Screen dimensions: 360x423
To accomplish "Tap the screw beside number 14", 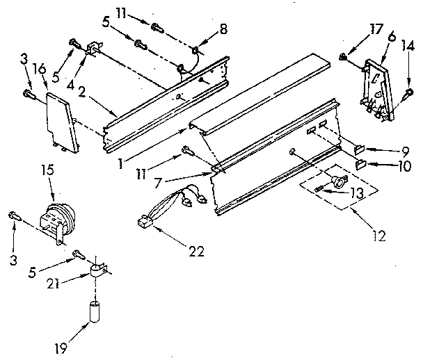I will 409,92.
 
